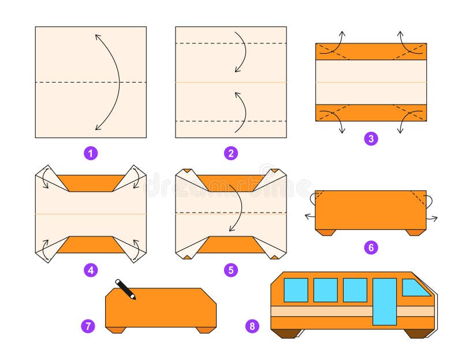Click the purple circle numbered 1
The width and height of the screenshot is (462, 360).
pyautogui.click(x=91, y=153)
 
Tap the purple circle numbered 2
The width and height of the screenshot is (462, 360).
pyautogui.click(x=231, y=153)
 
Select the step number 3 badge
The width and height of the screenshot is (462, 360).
pyautogui.click(x=371, y=138)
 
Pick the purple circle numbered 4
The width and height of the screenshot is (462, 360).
pyautogui.click(x=91, y=269)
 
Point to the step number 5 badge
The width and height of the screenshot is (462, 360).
pyautogui.click(x=231, y=269)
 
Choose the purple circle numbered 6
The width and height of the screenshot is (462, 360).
pyautogui.click(x=371, y=247)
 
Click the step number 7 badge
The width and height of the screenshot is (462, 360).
pyautogui.click(x=88, y=326)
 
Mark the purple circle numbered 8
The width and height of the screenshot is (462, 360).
pyautogui.click(x=252, y=326)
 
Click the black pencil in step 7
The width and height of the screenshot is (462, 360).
pyautogui.click(x=125, y=289)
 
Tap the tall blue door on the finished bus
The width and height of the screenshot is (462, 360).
pyautogui.click(x=385, y=301)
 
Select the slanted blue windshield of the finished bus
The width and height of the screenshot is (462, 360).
pyautogui.click(x=415, y=287)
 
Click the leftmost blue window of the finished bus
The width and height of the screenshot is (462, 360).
pyautogui.click(x=296, y=290)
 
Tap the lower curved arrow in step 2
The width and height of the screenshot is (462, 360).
pyautogui.click(x=241, y=111)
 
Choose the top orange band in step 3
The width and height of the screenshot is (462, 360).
pyautogui.click(x=371, y=51)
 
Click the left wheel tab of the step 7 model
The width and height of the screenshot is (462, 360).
pyautogui.click(x=116, y=330)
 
